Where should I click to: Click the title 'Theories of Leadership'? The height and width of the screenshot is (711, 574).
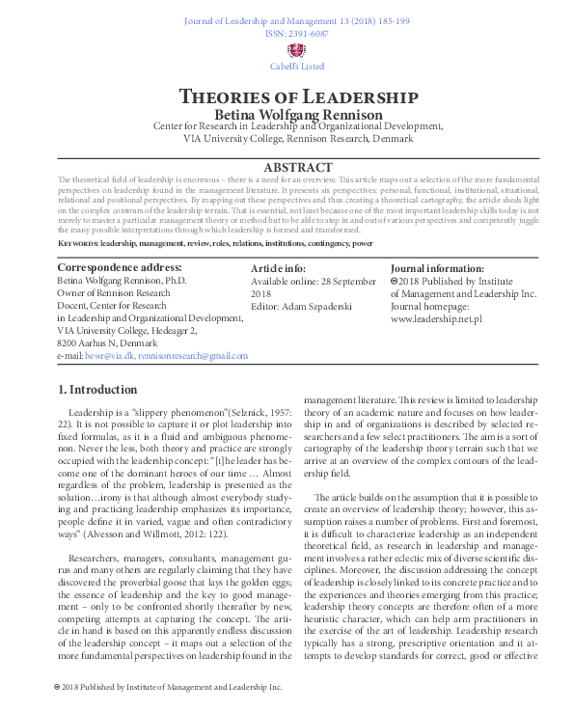[x=298, y=97]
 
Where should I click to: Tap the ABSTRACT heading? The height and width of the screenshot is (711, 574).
[x=298, y=167]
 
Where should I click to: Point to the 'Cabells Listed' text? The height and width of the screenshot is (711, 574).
[x=298, y=67]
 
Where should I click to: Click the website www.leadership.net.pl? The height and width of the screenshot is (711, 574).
[x=436, y=317]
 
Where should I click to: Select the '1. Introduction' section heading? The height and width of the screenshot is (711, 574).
[x=97, y=391]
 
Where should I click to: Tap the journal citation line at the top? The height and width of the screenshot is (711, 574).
[x=298, y=20]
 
